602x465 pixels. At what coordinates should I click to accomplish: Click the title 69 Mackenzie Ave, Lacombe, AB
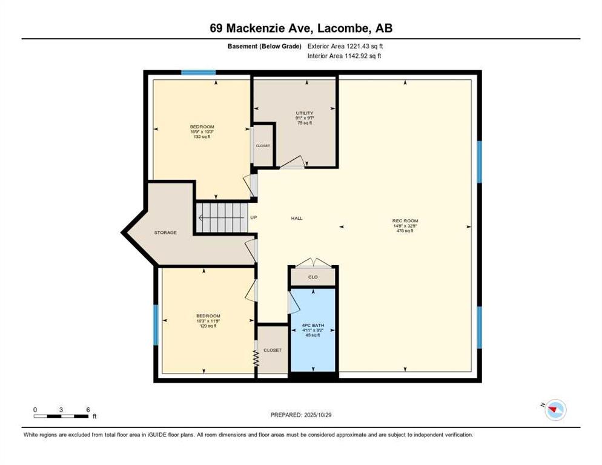300,28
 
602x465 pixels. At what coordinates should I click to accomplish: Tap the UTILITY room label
304,113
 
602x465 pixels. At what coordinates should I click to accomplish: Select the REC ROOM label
405,220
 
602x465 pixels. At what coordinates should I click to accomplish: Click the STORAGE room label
165,232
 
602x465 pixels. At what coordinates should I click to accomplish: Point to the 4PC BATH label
313,326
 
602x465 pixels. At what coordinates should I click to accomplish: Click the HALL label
297,219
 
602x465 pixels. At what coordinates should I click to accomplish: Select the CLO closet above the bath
313,277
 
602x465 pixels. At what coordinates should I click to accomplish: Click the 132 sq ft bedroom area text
202,137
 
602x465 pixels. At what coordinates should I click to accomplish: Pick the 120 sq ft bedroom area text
208,326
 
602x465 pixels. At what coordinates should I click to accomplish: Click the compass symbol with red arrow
554,410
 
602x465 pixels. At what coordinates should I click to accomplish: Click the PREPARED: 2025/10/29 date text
300,415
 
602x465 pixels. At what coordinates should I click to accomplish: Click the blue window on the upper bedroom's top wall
199,73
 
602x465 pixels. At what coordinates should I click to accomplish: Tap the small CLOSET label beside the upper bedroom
263,145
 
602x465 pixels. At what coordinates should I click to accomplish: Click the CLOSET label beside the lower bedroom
273,351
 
